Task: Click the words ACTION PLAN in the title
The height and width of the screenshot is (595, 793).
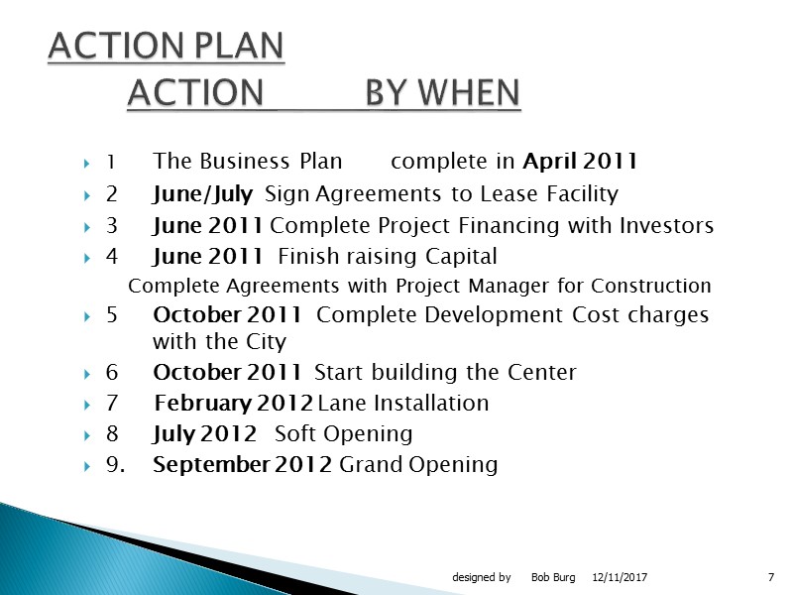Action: pyautogui.click(x=167, y=46)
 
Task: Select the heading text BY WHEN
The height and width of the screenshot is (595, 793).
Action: pyautogui.click(x=442, y=93)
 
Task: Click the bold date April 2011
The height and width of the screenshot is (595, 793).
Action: pyautogui.click(x=580, y=162)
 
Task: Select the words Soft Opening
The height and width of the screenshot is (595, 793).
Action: pyautogui.click(x=343, y=434)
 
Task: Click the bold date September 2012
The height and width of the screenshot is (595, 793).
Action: pyautogui.click(x=243, y=465)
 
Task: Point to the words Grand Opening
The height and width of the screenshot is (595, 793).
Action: pyautogui.click(x=418, y=465)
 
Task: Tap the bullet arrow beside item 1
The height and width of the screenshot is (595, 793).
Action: pyautogui.click(x=87, y=163)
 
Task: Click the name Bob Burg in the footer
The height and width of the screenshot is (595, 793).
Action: pyautogui.click(x=553, y=577)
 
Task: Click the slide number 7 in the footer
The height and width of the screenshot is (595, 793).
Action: pyautogui.click(x=770, y=577)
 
